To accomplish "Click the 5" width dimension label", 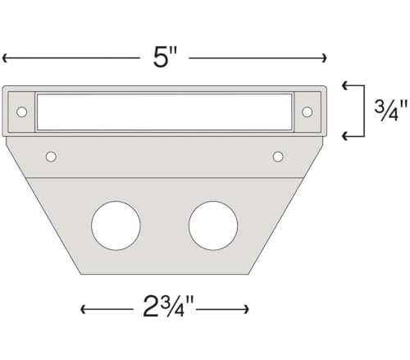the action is (165, 57).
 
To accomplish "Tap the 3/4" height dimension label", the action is (390, 111).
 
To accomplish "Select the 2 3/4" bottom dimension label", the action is (168, 306).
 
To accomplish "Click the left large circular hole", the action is (116, 226).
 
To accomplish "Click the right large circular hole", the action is (213, 226).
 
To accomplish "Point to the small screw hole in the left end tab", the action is (21, 112).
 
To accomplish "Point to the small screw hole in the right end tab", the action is (307, 112).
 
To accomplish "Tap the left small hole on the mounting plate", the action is (51, 157).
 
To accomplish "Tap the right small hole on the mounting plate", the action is (278, 157).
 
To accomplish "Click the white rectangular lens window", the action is (165, 112).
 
